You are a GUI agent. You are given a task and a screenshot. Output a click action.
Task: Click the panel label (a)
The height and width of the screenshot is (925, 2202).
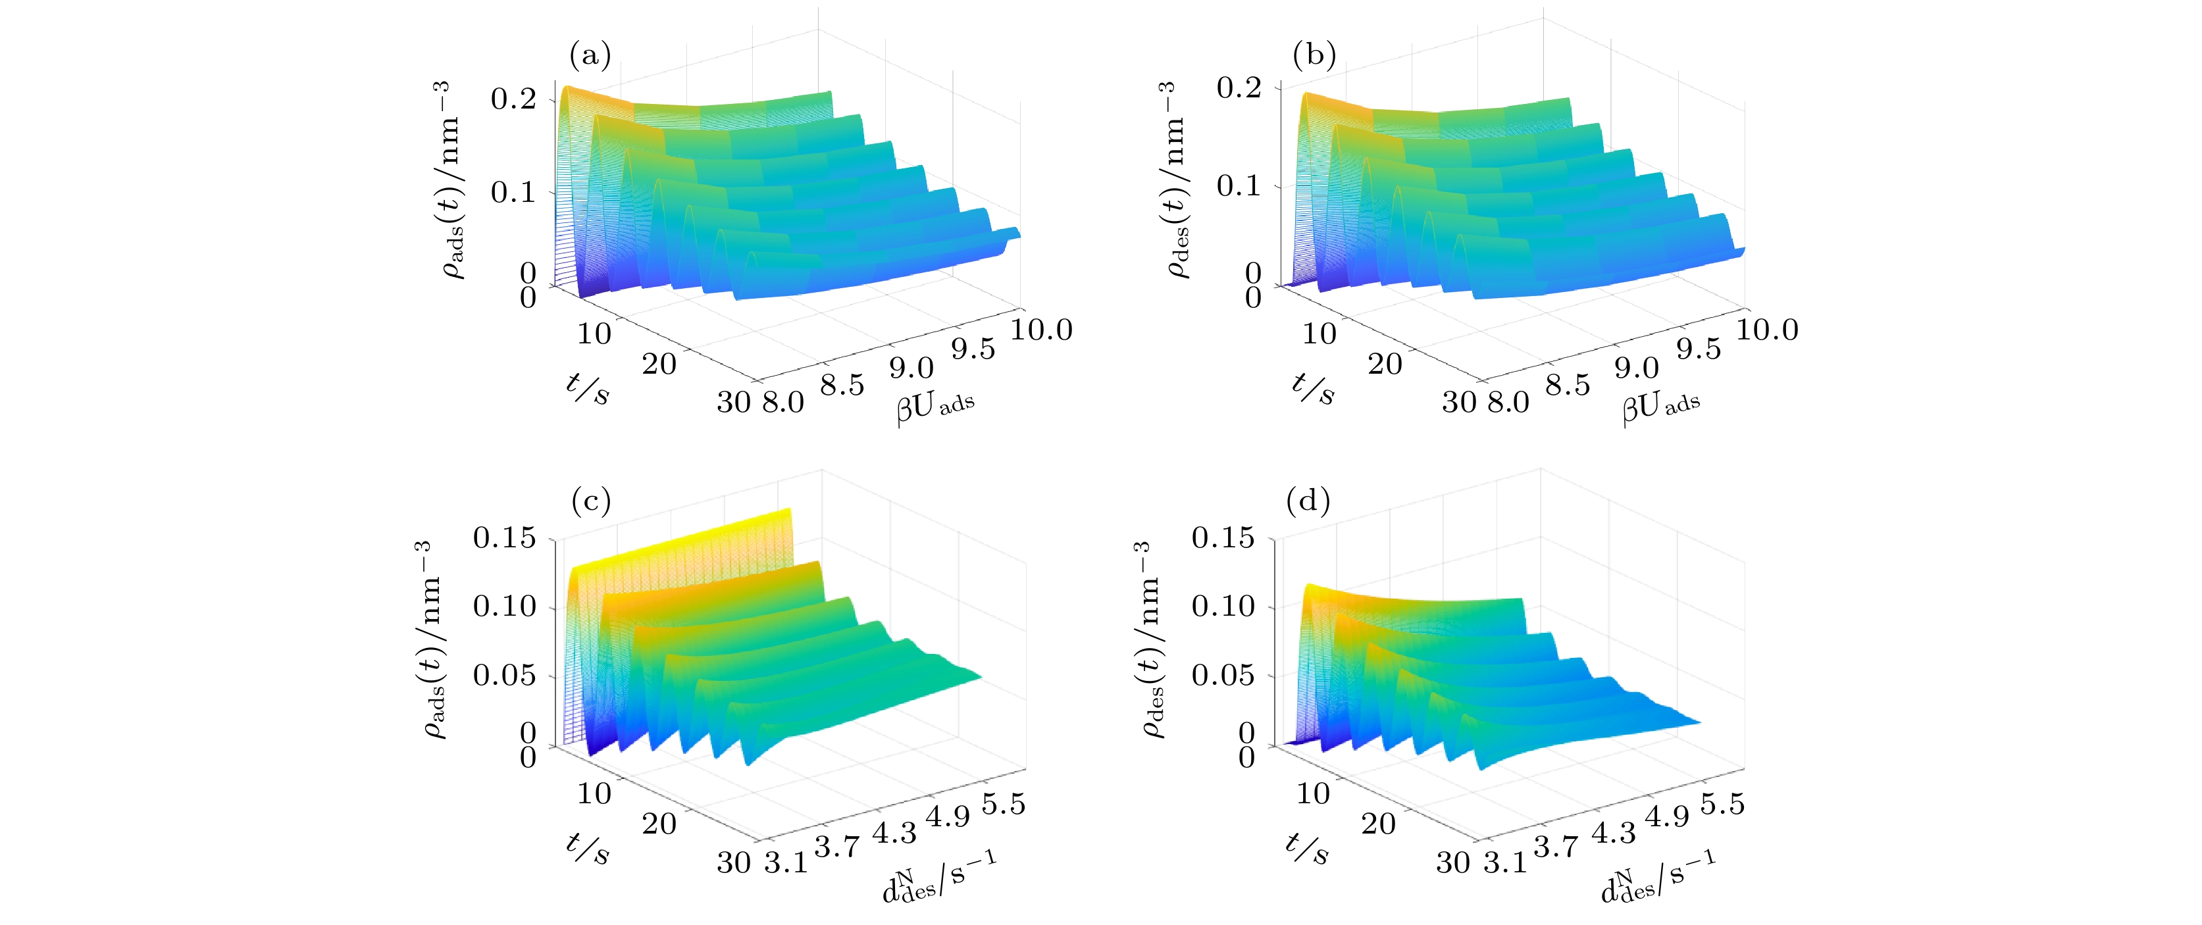(x=590, y=57)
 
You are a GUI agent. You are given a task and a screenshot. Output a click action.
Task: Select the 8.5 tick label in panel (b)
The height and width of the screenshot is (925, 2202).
(x=1568, y=385)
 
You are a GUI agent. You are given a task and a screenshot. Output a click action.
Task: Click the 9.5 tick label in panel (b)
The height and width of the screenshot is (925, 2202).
(x=1698, y=349)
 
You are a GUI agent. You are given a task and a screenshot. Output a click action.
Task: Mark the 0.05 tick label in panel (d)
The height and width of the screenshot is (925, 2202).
(x=1223, y=676)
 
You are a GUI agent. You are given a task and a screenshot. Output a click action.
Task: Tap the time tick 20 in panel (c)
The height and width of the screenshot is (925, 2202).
(x=659, y=824)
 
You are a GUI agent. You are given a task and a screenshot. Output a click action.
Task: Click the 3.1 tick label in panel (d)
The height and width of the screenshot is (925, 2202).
(x=1505, y=863)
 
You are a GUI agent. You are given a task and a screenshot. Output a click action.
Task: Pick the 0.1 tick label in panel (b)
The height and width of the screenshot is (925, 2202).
(x=1238, y=186)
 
